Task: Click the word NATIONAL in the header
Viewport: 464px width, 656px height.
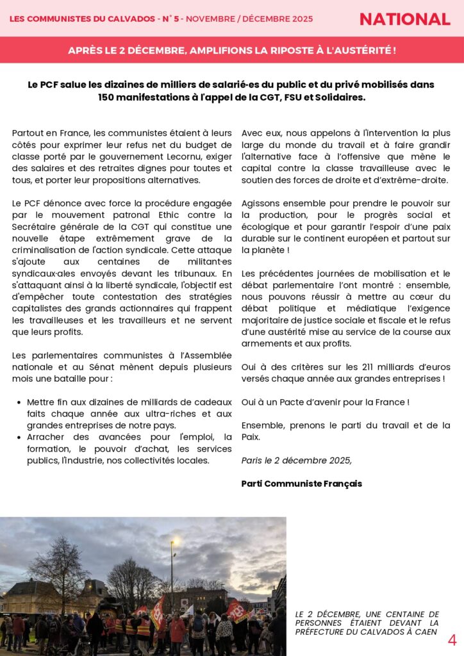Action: [404, 19]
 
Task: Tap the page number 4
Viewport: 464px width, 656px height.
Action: [452, 640]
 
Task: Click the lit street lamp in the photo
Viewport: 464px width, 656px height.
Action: [172, 543]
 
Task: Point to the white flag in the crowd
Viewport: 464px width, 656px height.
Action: [188, 610]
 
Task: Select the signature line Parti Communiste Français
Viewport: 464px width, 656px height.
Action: [301, 484]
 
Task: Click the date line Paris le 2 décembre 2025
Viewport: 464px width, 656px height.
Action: [296, 460]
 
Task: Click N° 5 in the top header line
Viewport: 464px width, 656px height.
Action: [169, 19]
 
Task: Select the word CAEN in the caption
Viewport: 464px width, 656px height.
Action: [426, 632]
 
